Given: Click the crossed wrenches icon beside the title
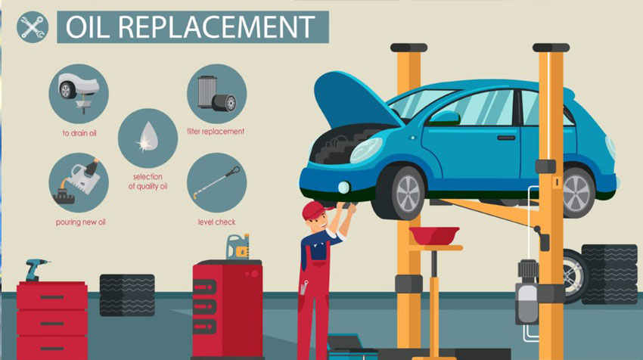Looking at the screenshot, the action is click(x=33, y=27).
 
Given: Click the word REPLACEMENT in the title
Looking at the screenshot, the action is click(x=219, y=27).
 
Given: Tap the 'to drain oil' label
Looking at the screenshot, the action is click(x=79, y=133).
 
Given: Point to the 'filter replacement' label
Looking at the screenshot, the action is click(x=216, y=131).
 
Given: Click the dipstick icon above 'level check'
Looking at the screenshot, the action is click(x=217, y=182).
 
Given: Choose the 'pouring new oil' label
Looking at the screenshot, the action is click(x=81, y=222).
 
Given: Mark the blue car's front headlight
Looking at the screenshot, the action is click(x=366, y=150).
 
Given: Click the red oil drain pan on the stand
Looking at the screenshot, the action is click(x=434, y=235).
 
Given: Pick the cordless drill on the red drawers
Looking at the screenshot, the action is click(x=36, y=270).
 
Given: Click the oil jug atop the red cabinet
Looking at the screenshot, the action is click(x=238, y=247).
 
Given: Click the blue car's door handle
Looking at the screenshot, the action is click(x=506, y=138).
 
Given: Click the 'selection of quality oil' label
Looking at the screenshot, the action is click(x=148, y=182).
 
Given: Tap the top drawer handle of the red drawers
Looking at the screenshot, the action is click(x=52, y=297).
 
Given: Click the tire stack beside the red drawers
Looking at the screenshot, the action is click(x=127, y=295).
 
